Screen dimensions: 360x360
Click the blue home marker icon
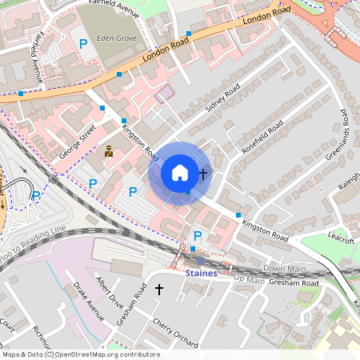[x=180, y=173]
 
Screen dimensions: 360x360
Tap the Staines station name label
[x=201, y=273]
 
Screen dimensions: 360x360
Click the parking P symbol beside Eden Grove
[x=83, y=42]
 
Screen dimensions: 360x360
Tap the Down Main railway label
[x=285, y=268]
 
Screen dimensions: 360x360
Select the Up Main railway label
[x=249, y=279]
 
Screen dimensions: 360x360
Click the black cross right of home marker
[x=203, y=173]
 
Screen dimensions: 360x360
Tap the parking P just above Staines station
[x=198, y=235]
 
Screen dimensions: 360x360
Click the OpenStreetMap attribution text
[x=80, y=354]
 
